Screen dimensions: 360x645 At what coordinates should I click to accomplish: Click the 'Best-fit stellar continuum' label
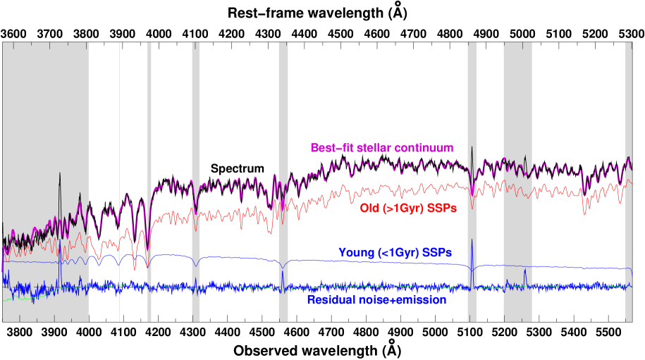[x=381, y=148]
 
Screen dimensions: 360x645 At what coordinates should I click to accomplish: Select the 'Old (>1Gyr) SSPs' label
[x=407, y=209]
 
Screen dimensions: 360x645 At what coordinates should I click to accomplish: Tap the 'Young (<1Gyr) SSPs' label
[x=395, y=252]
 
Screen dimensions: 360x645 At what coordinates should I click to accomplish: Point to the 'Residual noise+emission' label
[x=376, y=300]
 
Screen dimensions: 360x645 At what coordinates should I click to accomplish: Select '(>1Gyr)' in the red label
[x=402, y=209]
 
